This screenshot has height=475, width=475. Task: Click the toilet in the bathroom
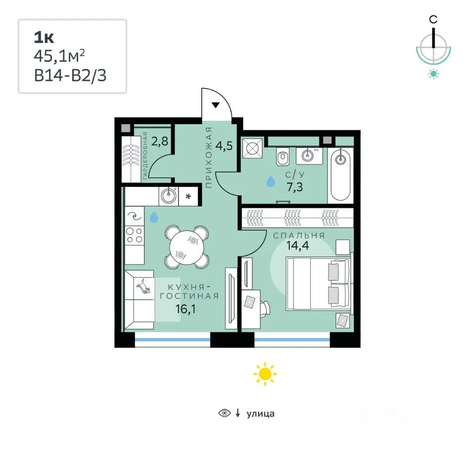click(283, 157)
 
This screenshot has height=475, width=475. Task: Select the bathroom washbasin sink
click(309, 156)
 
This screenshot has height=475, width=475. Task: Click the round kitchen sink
click(169, 196)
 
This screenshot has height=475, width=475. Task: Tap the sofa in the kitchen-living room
click(140, 299)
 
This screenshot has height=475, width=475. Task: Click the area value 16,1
click(186, 309)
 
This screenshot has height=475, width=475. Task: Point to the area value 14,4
click(298, 245)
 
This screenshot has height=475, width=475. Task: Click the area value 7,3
click(295, 187)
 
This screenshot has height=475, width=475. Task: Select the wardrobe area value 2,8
click(160, 141)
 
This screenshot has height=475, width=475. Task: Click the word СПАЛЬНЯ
click(299, 236)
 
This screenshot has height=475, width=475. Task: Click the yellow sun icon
click(265, 374)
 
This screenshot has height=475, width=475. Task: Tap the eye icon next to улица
click(225, 413)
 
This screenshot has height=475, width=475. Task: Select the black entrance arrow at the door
click(215, 105)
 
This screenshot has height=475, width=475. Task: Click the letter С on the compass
click(433, 20)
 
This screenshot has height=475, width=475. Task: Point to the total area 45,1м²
click(59, 56)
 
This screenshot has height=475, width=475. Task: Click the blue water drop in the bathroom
click(271, 182)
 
